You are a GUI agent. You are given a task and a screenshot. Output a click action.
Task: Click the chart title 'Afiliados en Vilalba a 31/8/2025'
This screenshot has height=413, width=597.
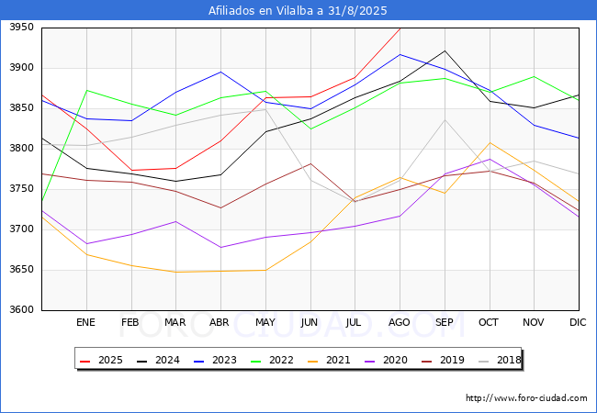click(x=298, y=11)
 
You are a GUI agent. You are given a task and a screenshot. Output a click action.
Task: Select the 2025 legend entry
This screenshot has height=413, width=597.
click(x=102, y=360)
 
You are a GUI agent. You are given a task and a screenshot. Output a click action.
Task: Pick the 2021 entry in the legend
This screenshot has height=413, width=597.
click(x=330, y=360)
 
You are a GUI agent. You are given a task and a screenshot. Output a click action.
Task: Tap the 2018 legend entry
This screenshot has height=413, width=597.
click(x=499, y=360)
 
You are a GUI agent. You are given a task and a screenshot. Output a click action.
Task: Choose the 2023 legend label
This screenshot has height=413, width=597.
click(x=216, y=360)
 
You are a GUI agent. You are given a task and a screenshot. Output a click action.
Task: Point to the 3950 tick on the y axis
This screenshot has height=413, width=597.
click(x=22, y=28)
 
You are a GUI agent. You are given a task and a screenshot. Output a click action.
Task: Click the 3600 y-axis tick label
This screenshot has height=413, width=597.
click(x=22, y=310)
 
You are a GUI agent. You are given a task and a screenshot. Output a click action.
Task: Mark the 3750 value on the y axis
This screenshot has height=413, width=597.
click(x=22, y=189)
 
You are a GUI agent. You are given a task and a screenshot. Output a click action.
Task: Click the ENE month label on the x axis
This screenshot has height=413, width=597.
click(x=85, y=322)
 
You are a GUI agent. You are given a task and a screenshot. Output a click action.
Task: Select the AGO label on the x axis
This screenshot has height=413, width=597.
click(x=399, y=322)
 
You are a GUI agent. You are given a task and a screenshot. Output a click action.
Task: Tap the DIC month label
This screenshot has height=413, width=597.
click(x=578, y=322)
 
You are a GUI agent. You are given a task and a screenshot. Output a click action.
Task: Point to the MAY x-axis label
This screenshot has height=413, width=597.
click(x=265, y=322)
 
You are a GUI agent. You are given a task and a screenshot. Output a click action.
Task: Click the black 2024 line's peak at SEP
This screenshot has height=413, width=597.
click(x=445, y=50)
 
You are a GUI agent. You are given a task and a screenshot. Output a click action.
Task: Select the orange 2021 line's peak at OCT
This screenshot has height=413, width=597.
click(x=490, y=142)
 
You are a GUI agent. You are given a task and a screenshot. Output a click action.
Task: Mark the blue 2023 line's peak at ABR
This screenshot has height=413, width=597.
click(x=220, y=72)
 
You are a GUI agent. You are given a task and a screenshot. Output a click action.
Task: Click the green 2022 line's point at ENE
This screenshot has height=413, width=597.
click(x=87, y=90)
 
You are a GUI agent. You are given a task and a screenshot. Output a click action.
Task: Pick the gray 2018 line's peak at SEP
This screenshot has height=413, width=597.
click(x=445, y=120)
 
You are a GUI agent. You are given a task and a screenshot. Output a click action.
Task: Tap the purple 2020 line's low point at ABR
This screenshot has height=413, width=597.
click(x=220, y=247)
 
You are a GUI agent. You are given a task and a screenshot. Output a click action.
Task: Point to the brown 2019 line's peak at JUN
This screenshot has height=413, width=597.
click(x=310, y=163)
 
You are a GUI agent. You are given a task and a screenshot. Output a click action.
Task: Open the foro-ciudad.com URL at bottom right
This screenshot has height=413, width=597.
click(x=526, y=398)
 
